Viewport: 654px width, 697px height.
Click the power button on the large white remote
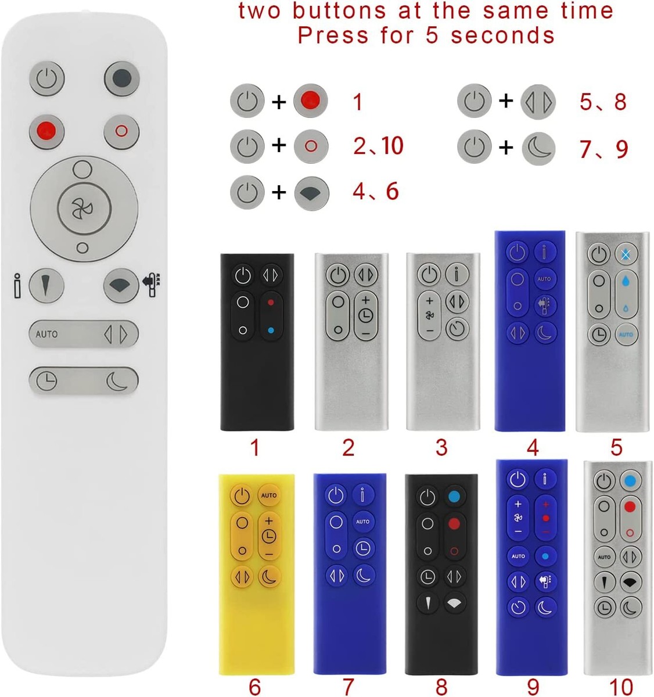pos(47,78)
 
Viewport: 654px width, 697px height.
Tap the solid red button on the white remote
pos(47,129)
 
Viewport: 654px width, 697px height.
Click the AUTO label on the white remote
pos(46,334)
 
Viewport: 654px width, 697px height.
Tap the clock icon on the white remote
pos(47,381)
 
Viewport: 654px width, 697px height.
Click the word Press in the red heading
pos(333,35)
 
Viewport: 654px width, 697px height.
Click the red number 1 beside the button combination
pos(358,102)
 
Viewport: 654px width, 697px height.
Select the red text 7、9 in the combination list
pos(603,149)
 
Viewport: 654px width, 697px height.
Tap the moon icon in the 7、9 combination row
pos(538,148)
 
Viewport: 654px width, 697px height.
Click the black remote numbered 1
pos(257,342)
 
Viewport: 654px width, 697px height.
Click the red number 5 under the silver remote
pos(616,447)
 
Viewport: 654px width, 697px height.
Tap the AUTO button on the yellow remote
pos(269,495)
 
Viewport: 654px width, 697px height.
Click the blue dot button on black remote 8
pos(454,497)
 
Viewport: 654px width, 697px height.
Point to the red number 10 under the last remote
pos(620,687)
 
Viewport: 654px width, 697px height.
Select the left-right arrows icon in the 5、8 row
pos(538,102)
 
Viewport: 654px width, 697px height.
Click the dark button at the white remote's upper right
pos(121,78)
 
